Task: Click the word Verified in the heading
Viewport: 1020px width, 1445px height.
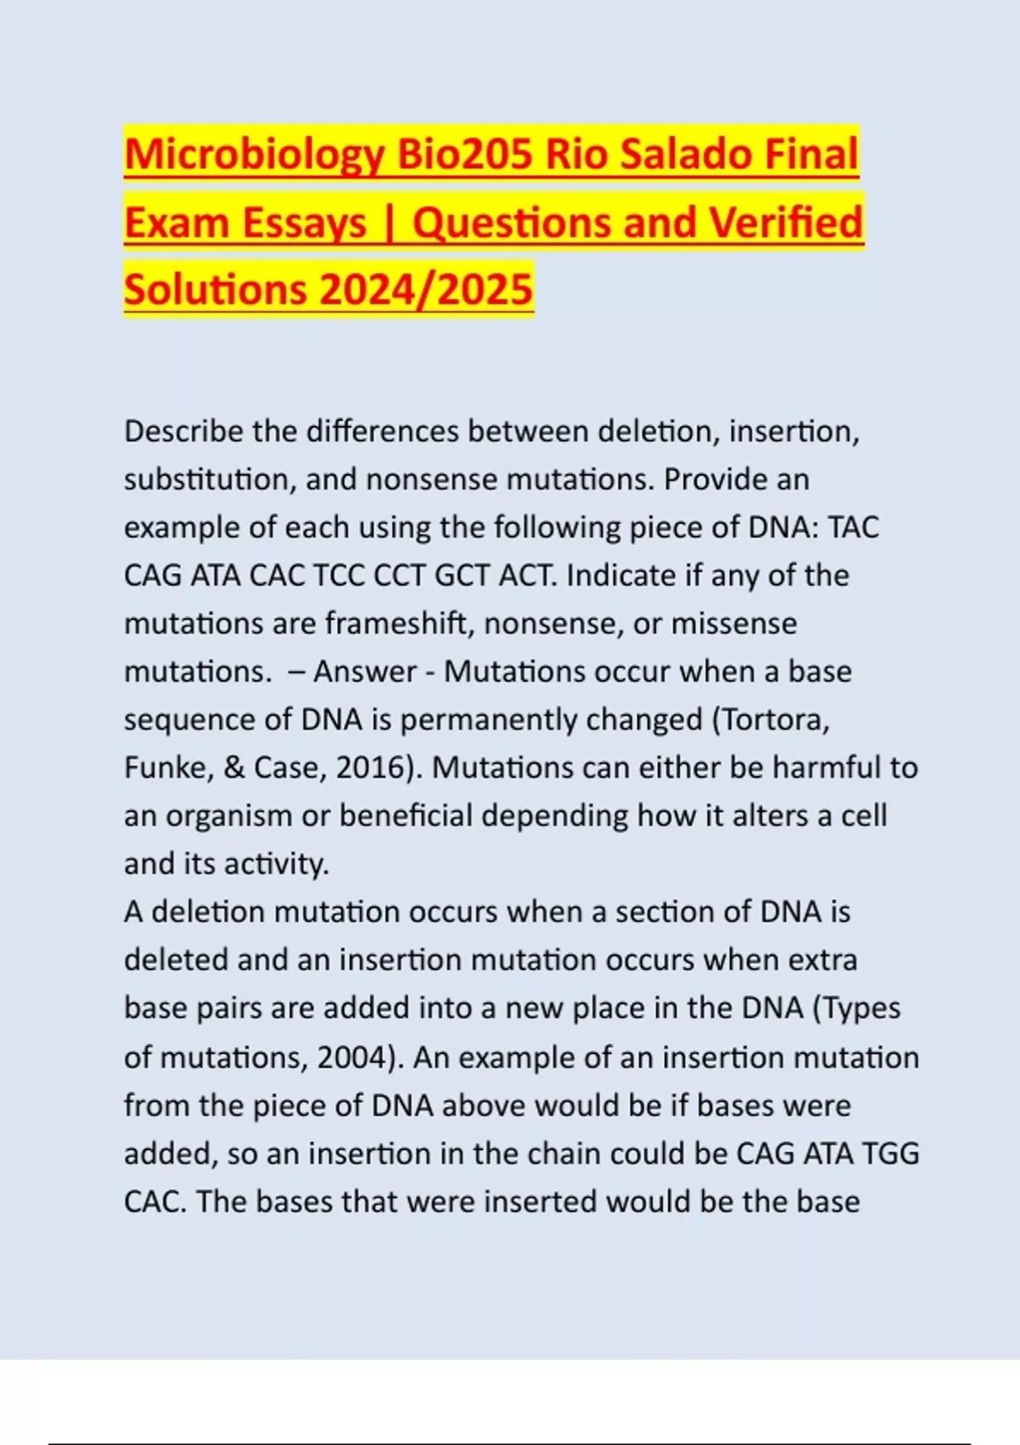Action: (785, 223)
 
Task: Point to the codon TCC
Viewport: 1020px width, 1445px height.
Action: (339, 575)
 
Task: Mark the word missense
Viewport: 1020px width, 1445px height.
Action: (734, 623)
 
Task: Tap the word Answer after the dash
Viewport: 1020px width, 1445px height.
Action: (365, 671)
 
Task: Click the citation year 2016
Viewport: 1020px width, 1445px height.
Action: (372, 768)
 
